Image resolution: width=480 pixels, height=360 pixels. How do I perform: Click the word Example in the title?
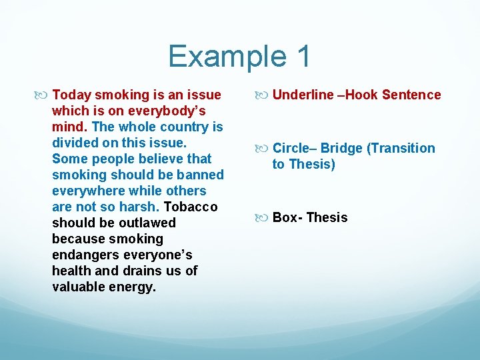coord(219,56)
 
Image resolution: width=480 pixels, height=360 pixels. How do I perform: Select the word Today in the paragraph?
coord(71,95)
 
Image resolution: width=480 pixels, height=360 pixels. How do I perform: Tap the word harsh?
coord(137,207)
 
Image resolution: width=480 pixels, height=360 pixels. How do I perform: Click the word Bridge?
coord(341,148)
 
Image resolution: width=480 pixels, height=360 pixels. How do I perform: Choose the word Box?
coord(285,217)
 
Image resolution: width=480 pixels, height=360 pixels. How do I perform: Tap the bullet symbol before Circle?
coord(263,149)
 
